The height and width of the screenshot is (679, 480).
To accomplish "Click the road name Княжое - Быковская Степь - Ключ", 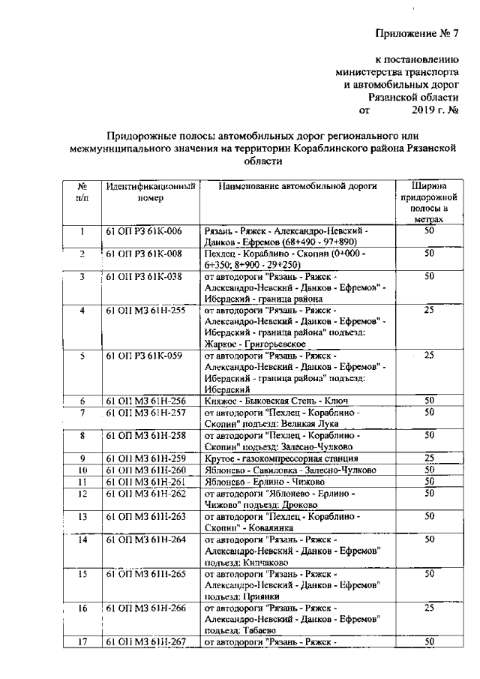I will pos(277,401).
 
